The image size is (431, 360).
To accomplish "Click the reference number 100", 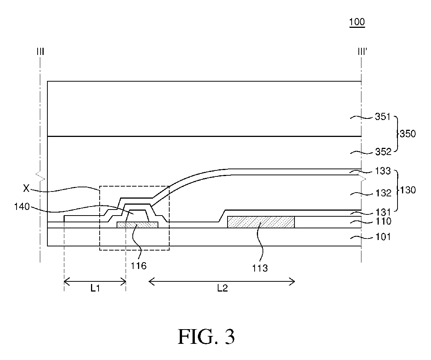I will (357, 22).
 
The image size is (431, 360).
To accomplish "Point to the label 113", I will (260, 268).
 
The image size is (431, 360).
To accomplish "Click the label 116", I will (139, 266).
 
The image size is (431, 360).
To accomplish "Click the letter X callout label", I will (26, 188).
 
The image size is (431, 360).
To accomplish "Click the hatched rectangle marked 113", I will (261, 222).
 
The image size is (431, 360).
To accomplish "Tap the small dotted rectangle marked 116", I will (137, 225).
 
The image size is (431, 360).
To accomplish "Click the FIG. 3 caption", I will (206, 336).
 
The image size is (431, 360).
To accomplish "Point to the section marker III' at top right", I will (361, 51).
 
